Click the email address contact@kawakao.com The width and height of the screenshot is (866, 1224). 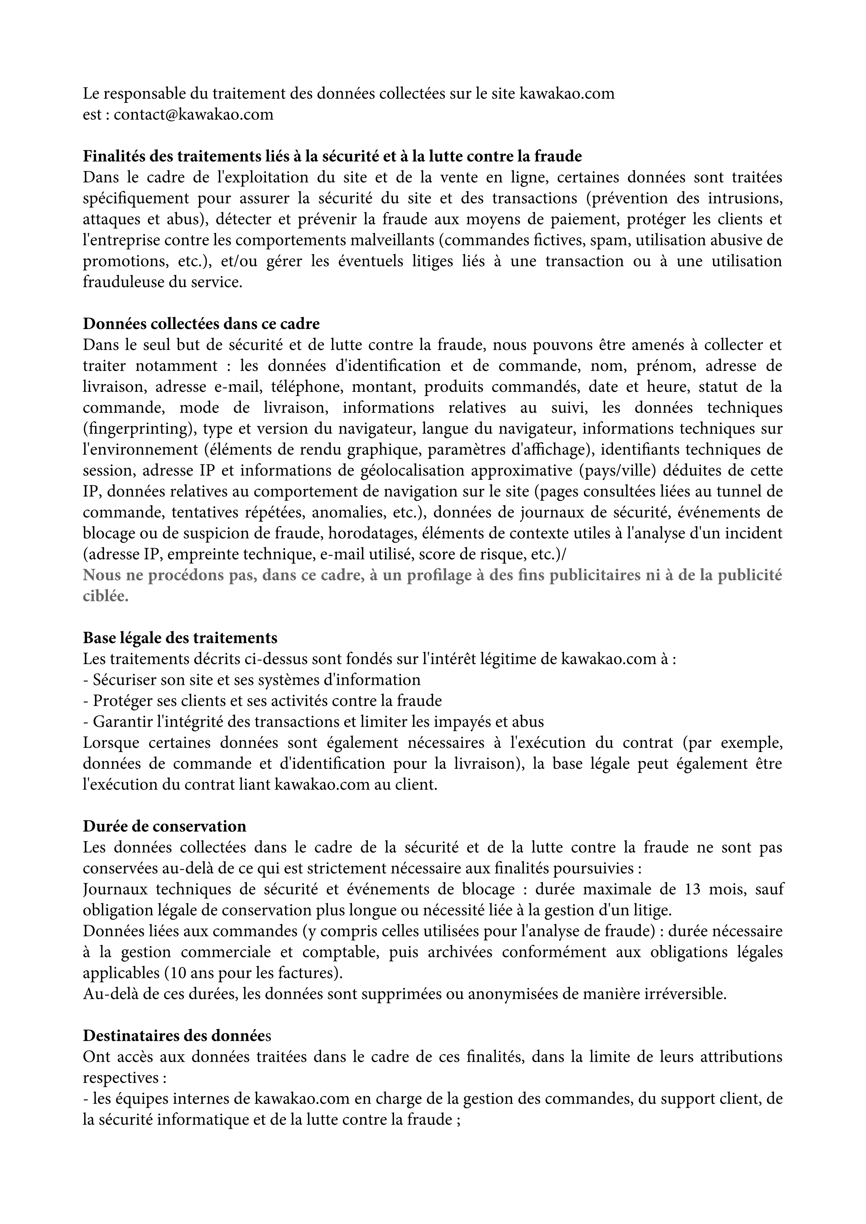tap(194, 114)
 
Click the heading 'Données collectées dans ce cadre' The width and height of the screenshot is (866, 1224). tap(201, 323)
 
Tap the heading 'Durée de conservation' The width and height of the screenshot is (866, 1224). tap(164, 826)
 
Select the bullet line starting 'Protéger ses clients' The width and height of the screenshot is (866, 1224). tap(262, 701)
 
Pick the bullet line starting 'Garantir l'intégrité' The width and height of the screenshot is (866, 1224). tap(313, 722)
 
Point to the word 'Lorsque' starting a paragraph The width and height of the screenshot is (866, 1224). tap(110, 742)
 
